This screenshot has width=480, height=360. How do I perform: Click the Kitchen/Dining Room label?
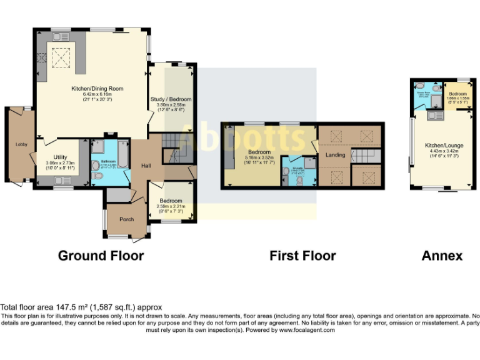pos(99,89)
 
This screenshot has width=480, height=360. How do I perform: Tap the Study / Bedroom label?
pos(171,99)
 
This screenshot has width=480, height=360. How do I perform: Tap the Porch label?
pos(126,219)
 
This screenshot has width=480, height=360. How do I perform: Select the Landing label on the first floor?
pos(335,154)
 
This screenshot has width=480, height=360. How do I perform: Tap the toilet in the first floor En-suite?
pos(299,180)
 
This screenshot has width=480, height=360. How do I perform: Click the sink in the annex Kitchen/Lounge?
pos(432,115)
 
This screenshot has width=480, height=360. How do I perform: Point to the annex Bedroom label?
pos(458,94)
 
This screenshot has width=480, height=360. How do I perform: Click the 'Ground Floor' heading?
pos(101,256)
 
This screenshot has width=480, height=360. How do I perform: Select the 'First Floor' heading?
pos(302,256)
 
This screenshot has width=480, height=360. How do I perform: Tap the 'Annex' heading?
pos(442,256)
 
